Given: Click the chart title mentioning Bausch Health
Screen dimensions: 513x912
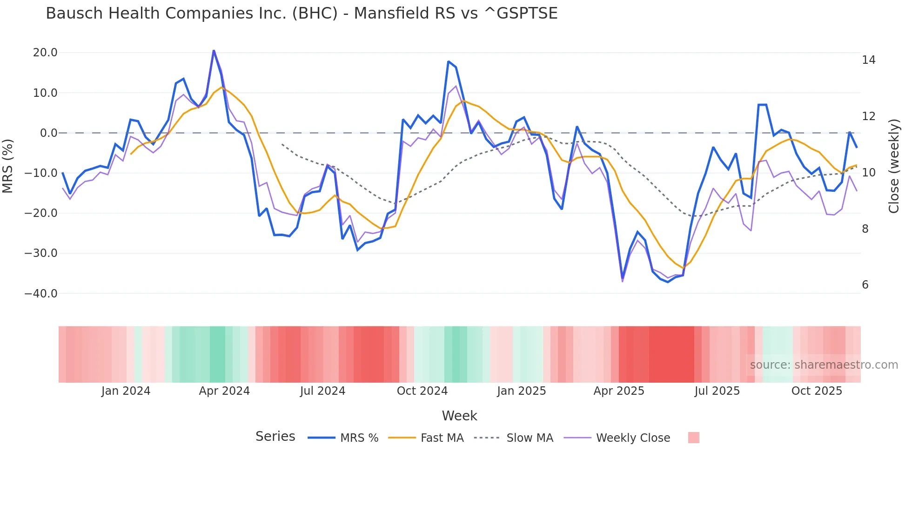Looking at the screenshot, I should [302, 13].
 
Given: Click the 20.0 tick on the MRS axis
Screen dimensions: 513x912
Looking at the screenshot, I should [45, 53].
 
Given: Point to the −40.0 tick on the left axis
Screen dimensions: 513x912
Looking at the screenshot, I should [41, 294].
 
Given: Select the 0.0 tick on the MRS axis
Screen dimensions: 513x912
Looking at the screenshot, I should [49, 133].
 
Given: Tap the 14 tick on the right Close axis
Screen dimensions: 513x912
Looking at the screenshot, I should [868, 60].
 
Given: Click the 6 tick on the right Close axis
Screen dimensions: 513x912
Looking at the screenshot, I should [865, 285].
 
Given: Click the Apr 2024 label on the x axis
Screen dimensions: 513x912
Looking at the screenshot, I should [224, 391].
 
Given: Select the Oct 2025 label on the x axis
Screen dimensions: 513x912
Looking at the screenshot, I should [817, 391].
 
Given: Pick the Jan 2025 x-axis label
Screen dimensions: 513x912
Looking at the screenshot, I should [521, 391].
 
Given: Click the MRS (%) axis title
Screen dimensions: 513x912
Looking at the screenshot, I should [8, 166].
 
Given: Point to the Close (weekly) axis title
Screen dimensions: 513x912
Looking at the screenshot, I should [894, 166].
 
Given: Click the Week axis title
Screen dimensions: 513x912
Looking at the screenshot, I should [459, 416].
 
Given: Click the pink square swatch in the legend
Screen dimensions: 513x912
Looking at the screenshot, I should [693, 438].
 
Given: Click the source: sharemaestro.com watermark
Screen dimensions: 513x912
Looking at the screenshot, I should [824, 365].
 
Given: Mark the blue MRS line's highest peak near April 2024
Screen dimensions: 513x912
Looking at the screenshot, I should [214, 51].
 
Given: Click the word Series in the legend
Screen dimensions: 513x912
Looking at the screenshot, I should [275, 437].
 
